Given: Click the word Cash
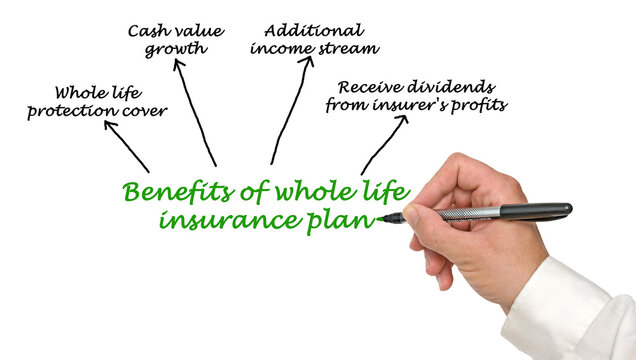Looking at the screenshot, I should [146, 30].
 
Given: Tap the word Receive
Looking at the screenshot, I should [370, 86].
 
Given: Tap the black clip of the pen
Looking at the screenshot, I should [536, 210].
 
